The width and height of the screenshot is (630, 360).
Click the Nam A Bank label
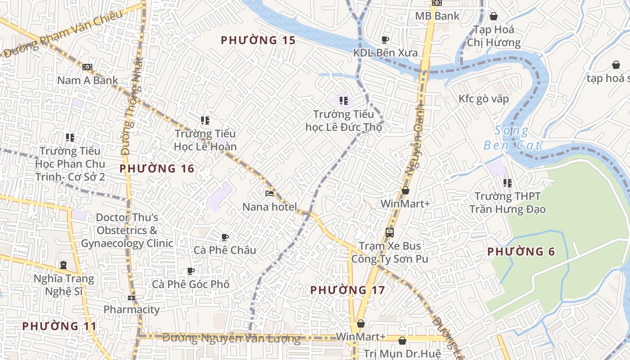coord(87,81)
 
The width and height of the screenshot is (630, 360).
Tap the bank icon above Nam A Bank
coord(87,67)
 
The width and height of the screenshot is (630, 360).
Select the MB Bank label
coord(437,16)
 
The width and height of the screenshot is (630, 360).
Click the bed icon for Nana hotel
coord(270,193)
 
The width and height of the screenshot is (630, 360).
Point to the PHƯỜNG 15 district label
coord(258,40)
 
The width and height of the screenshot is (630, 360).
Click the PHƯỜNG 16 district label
coord(157,169)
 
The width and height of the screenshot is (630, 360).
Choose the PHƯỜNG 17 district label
coord(348,290)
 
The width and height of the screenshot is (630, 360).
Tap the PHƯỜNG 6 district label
coord(521,252)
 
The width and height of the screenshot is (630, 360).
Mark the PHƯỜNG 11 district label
coord(59,326)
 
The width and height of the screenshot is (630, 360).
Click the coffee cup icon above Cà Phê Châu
coord(225,237)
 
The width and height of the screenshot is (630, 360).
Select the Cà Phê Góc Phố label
coord(191,284)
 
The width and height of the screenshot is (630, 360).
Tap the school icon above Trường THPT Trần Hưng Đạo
coord(507,183)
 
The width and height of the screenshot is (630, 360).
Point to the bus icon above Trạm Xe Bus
coord(390,233)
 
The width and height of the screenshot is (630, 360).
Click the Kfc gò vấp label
coord(484,99)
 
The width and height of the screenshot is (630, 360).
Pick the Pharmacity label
coord(131,310)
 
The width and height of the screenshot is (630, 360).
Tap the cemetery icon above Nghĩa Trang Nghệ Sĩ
coord(63,265)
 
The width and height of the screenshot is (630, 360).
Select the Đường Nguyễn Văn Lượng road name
coord(231,338)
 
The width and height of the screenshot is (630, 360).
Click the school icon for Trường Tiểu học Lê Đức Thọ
coord(344,101)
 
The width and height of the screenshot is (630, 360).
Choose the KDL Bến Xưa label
coord(385,53)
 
